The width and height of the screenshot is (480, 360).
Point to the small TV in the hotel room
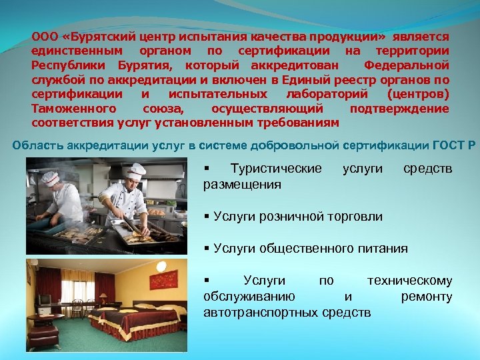[43, 299]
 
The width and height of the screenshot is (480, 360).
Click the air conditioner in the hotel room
[50, 265]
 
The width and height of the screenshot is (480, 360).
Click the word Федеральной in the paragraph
[407, 65]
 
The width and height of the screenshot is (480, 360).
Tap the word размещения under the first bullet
[242, 183]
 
